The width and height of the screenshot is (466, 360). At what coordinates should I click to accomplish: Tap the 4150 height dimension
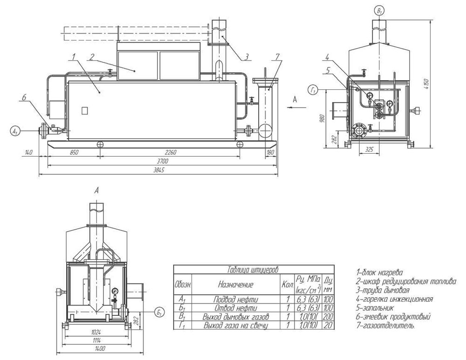(x=427, y=84)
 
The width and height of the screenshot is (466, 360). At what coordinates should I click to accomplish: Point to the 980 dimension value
(x=323, y=118)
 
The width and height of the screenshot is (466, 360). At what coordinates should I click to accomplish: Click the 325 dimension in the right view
(x=369, y=150)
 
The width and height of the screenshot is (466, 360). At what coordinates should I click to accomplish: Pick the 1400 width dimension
(x=100, y=349)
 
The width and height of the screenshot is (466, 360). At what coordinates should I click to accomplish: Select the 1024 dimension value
(x=96, y=332)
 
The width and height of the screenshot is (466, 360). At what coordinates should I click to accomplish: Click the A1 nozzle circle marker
(x=14, y=131)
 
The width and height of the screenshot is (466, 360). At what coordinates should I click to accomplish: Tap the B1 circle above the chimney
(x=379, y=11)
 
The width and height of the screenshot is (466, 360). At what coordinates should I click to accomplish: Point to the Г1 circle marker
(x=314, y=89)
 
